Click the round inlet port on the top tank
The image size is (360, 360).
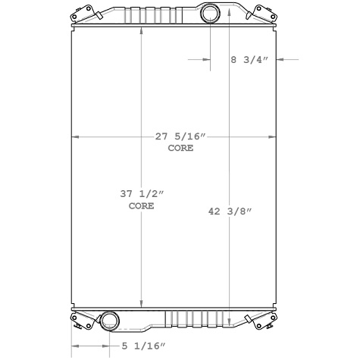click(210, 14)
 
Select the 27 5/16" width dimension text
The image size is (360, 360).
click(180, 137)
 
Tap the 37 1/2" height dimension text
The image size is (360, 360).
click(142, 195)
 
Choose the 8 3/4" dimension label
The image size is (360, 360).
click(250, 60)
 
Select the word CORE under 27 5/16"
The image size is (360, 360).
click(180, 148)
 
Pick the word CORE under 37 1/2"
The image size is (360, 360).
click(142, 205)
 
